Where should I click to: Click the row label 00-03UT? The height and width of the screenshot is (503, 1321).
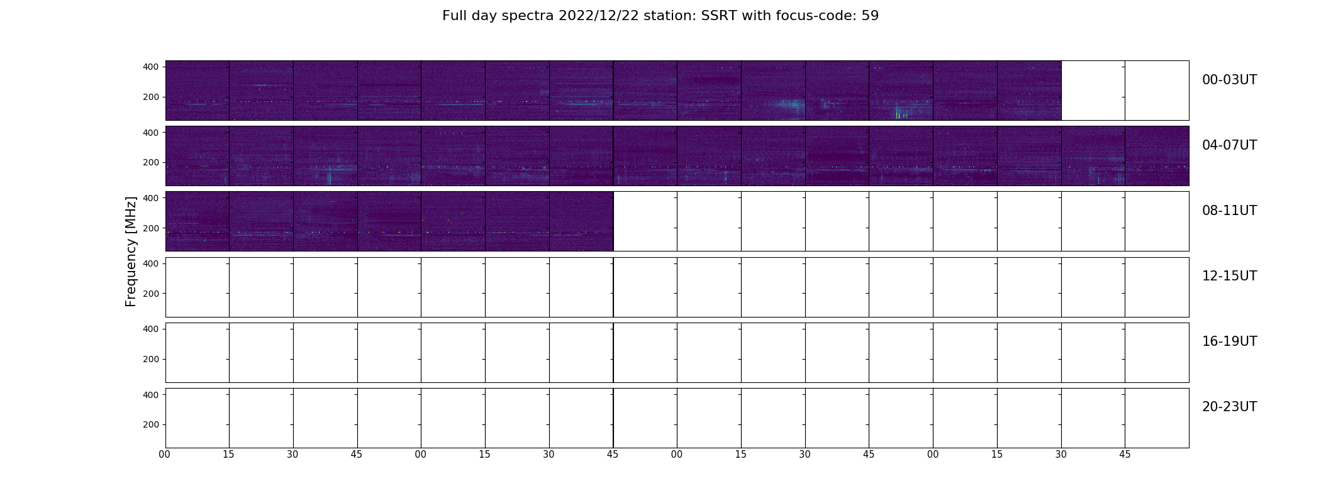click(x=1229, y=80)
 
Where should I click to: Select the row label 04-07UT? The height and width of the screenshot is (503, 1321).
click(x=1229, y=145)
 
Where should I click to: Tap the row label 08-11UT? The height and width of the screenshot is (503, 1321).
click(x=1229, y=211)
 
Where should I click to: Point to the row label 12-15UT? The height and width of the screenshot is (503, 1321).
click(x=1229, y=276)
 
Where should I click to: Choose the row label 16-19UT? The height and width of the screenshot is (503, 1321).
click(x=1229, y=341)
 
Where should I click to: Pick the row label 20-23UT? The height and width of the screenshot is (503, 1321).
click(x=1229, y=407)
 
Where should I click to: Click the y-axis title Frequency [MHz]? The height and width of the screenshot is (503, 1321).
click(x=131, y=251)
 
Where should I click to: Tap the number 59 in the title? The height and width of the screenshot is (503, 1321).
click(x=870, y=16)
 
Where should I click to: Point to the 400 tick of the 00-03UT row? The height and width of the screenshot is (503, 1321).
click(x=151, y=67)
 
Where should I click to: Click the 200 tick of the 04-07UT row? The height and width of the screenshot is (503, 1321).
click(x=151, y=162)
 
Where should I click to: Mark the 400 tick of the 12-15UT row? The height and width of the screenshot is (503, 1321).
click(x=151, y=263)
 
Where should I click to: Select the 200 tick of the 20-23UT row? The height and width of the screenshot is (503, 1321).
click(x=151, y=424)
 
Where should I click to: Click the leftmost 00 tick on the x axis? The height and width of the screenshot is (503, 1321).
click(x=165, y=454)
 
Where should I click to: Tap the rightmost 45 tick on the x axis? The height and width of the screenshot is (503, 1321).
click(x=1125, y=454)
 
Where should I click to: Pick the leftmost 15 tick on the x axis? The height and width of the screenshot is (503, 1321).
click(x=228, y=454)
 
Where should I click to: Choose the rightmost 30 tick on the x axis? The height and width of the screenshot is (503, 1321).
click(x=1061, y=454)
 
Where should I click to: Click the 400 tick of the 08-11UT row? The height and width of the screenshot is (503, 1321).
click(x=151, y=198)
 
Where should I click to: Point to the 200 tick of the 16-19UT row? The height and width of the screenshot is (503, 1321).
click(x=151, y=359)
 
